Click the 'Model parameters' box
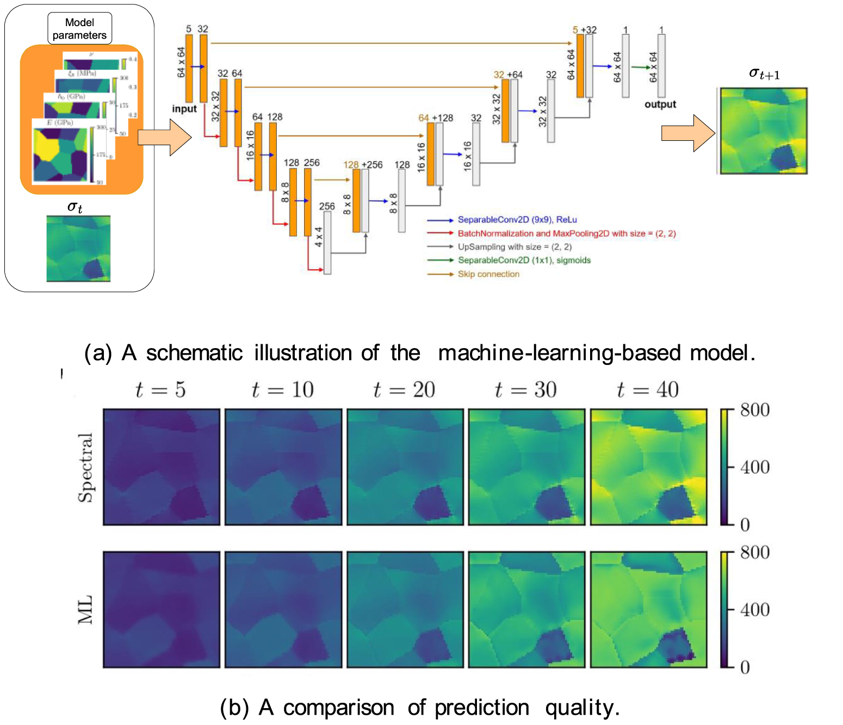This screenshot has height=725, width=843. [x=79, y=29]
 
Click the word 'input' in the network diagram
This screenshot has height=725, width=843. [x=184, y=109]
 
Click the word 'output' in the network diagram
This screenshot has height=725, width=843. [x=660, y=104]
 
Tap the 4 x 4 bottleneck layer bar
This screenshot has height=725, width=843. [x=327, y=243]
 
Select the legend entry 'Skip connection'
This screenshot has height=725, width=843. [x=488, y=274]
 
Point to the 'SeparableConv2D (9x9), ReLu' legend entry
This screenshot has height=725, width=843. [x=517, y=220]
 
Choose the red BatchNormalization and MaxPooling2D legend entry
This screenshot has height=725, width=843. [x=566, y=233]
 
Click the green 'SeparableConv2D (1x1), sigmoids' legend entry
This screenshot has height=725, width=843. [x=524, y=261]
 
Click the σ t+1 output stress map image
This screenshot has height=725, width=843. [x=763, y=131]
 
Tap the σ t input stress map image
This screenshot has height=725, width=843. [x=78, y=249]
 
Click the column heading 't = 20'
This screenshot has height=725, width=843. [x=404, y=390]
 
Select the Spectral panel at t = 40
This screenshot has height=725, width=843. [x=648, y=467]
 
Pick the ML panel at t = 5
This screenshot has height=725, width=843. [x=162, y=610]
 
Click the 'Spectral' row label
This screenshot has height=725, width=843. [x=85, y=467]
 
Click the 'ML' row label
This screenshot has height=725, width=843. [x=85, y=610]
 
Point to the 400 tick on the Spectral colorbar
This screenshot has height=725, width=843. [x=754, y=467]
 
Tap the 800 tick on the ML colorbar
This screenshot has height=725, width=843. [x=754, y=553]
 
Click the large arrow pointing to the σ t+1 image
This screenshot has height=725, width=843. [x=688, y=133]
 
